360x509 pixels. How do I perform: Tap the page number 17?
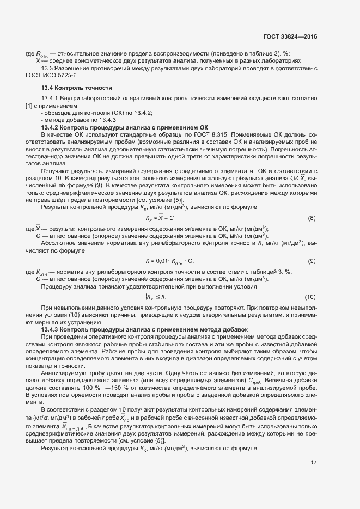(314, 463)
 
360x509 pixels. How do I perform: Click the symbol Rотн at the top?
(42, 54)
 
